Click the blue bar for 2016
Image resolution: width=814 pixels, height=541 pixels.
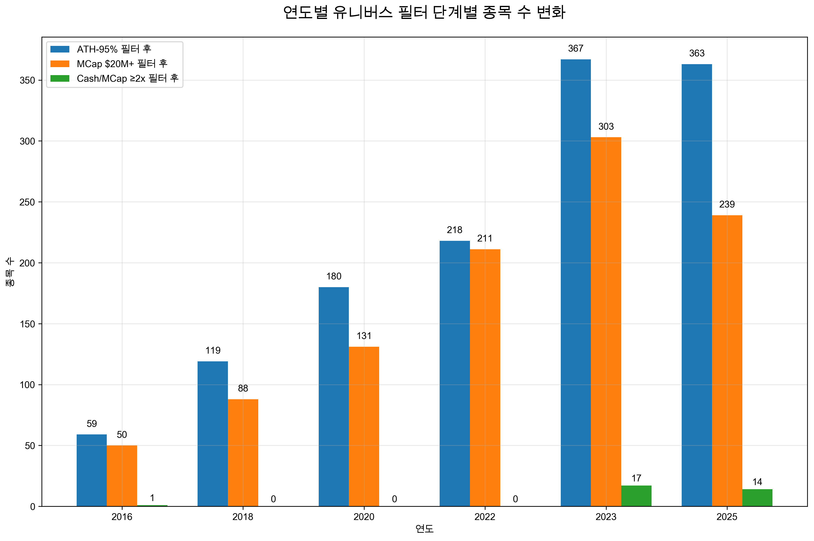[91, 470]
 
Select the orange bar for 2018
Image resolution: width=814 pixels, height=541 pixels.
[243, 452]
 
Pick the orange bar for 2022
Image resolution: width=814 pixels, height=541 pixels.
[485, 378]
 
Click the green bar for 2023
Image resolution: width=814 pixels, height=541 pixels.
[636, 496]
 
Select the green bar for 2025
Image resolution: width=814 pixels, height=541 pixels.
[757, 498]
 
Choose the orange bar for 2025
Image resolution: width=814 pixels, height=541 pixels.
[727, 360]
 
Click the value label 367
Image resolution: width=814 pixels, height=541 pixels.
[575, 49]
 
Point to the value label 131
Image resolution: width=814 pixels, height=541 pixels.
[364, 336]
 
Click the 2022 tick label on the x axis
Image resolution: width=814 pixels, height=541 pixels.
[485, 517]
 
